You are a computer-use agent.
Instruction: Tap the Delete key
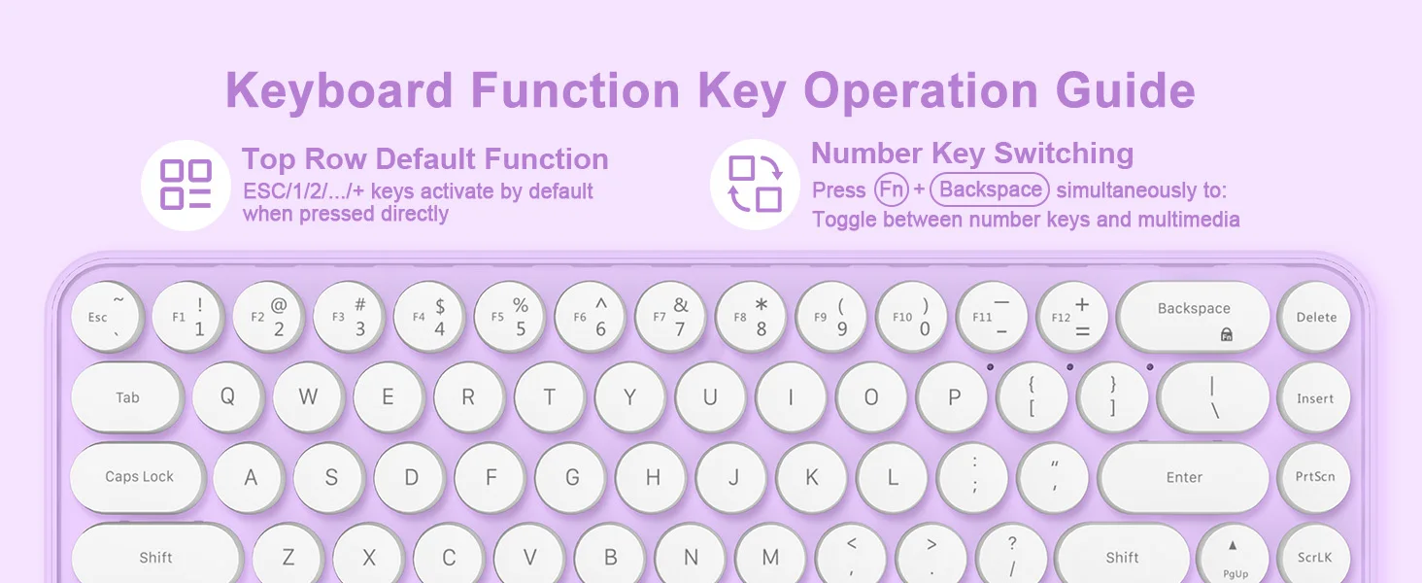(1314, 316)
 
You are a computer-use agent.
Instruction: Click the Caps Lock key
(138, 477)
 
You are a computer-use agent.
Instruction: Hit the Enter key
(1183, 477)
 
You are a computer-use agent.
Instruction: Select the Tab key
(127, 397)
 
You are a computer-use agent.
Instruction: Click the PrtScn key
(1314, 477)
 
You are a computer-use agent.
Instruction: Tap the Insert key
(1314, 397)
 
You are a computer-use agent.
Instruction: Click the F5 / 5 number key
(510, 316)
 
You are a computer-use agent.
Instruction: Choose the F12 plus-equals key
(1072, 316)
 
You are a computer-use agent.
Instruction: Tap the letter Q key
(228, 397)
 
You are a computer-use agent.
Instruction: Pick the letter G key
(571, 477)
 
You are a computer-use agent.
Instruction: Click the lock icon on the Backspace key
(1227, 334)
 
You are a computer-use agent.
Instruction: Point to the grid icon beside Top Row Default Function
(186, 185)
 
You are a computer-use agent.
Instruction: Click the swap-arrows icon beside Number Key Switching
(755, 185)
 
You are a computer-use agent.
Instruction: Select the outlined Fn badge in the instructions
(892, 189)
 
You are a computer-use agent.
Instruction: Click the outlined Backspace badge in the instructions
(990, 189)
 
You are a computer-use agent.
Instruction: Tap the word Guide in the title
(1125, 90)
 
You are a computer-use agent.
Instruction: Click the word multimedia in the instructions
(1188, 219)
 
